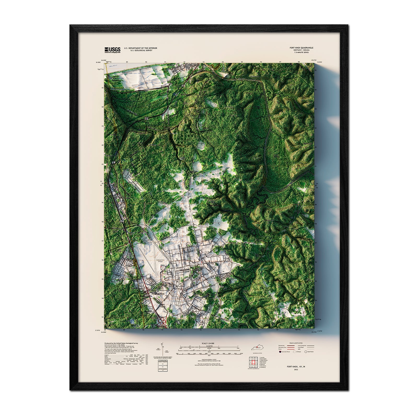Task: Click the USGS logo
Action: pos(113,50)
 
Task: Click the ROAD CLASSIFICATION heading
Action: pos(296,343)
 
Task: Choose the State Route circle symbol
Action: pos(306,352)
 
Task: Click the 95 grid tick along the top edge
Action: pos(242,62)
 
